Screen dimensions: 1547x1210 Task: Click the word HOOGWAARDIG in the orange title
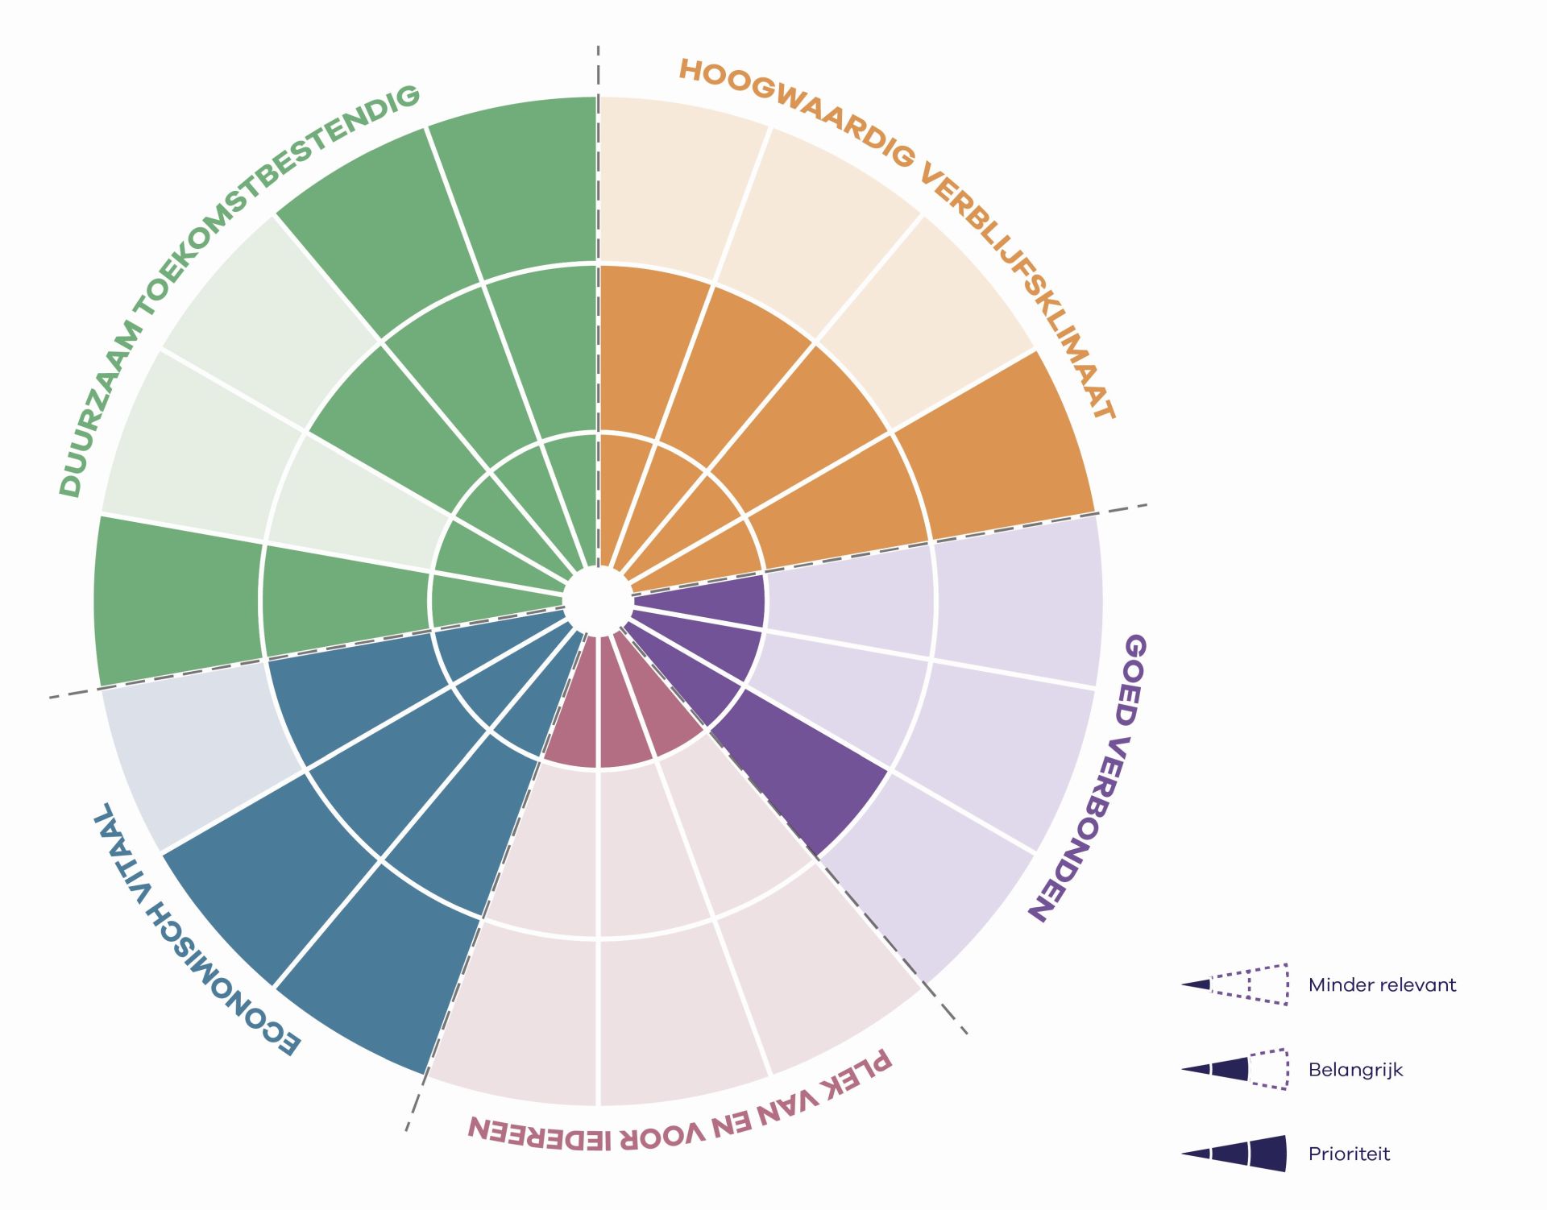click(x=798, y=109)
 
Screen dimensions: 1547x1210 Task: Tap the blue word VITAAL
click(x=121, y=842)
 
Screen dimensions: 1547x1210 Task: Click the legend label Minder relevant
click(x=1382, y=984)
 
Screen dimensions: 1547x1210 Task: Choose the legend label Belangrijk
click(x=1355, y=1070)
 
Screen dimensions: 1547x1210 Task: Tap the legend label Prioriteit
click(x=1349, y=1154)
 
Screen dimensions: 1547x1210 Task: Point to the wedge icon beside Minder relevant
click(x=1234, y=984)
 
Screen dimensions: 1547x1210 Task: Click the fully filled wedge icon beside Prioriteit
click(x=1234, y=1154)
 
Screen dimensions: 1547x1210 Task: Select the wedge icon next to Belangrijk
click(x=1234, y=1069)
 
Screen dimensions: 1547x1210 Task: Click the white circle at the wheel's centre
click(x=597, y=600)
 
